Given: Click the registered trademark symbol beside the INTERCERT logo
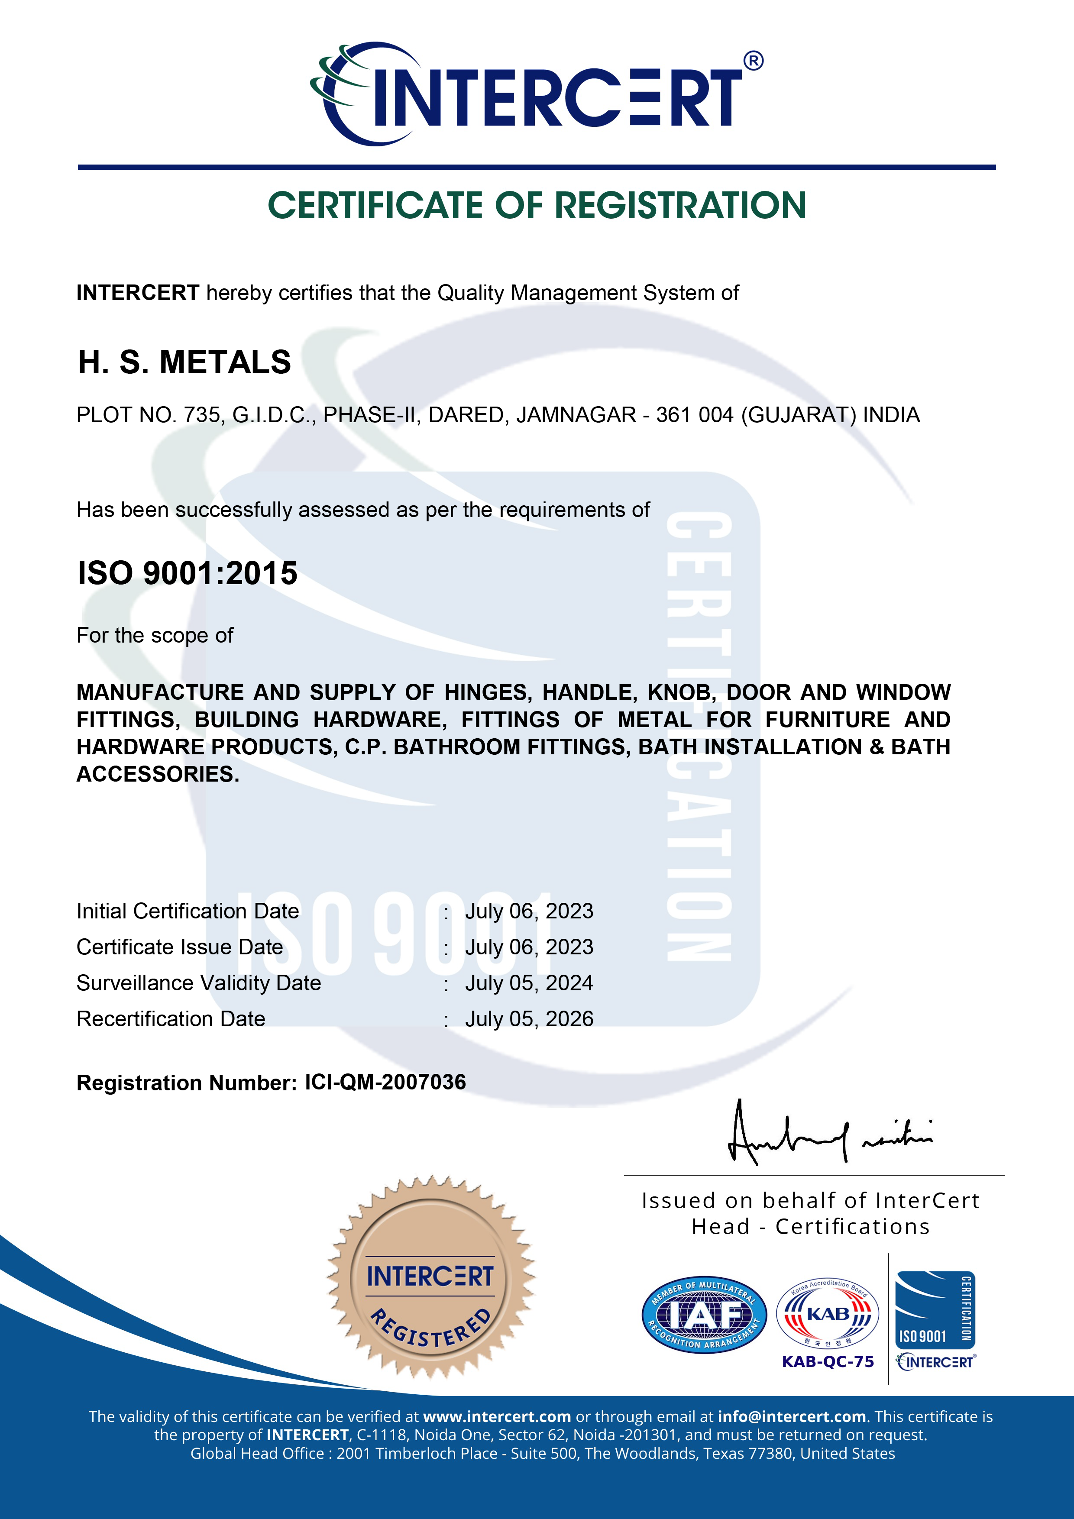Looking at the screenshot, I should click(x=753, y=61).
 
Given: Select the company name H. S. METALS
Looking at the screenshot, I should click(x=184, y=362).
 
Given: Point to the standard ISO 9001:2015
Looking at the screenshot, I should click(x=187, y=573).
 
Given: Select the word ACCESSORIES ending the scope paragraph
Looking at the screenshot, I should click(x=158, y=774).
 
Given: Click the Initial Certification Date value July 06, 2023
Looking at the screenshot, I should click(x=529, y=911).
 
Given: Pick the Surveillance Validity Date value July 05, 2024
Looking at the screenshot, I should click(x=529, y=983).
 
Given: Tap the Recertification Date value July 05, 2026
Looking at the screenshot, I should click(x=529, y=1019).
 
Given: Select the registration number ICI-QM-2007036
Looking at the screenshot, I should click(x=385, y=1083).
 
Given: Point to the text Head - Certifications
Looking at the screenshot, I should click(x=811, y=1227).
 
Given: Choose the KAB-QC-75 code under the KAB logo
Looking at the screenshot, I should click(x=828, y=1361).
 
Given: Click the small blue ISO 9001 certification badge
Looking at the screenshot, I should click(x=935, y=1310).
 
